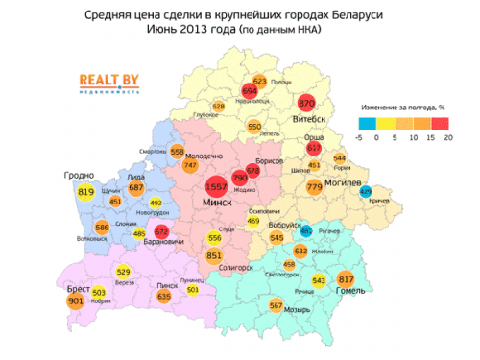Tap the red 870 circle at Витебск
point(307,103)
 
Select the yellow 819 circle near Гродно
point(86,193)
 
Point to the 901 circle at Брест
point(76,300)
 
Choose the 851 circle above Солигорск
point(214,256)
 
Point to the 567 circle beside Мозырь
point(276,306)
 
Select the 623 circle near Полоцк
point(259,82)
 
